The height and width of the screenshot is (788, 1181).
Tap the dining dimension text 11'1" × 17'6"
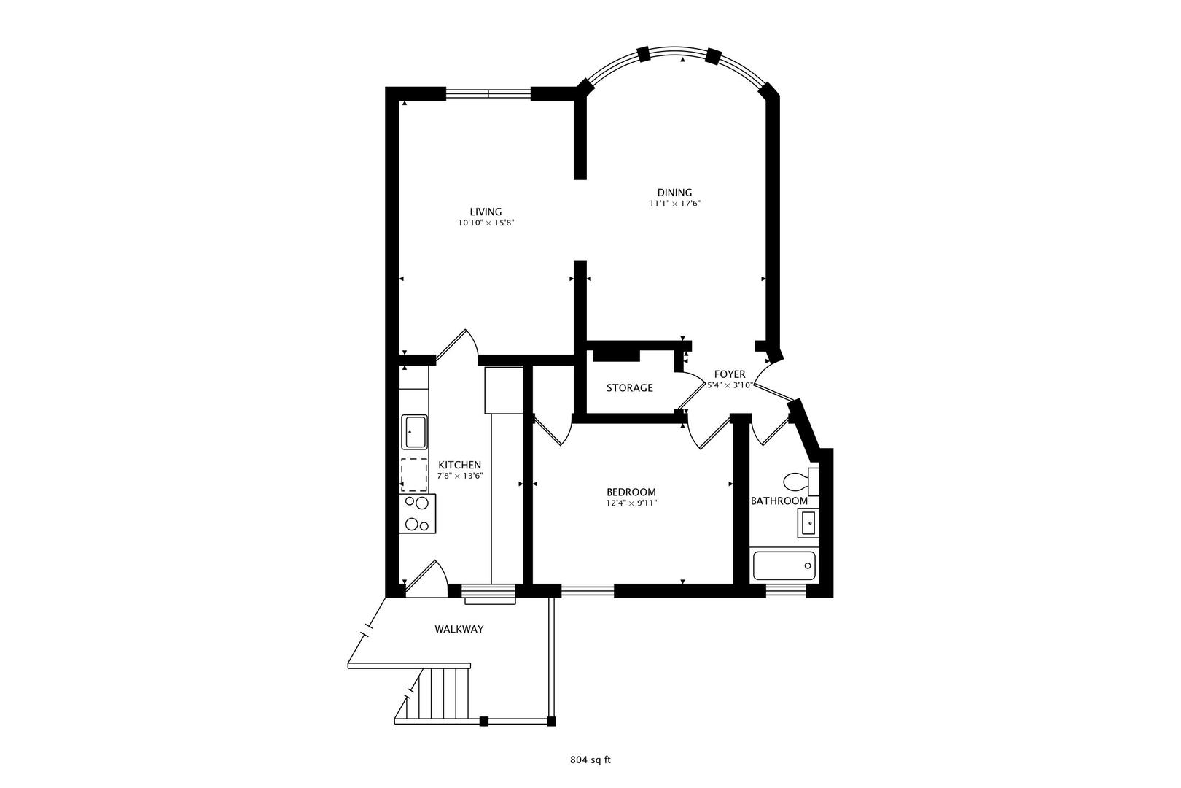[x=674, y=204]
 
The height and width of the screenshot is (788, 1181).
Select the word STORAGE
[x=630, y=387]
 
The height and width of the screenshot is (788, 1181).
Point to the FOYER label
[x=729, y=374]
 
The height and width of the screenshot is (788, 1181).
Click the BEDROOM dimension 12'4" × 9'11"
[x=631, y=502]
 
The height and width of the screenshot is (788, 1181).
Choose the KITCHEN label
[x=459, y=465]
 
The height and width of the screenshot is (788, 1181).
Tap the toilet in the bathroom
[x=798, y=482]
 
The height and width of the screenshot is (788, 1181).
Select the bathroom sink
[x=807, y=523]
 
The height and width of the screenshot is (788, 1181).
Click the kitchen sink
[x=415, y=432]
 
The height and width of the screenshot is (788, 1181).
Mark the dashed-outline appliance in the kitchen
[x=414, y=474]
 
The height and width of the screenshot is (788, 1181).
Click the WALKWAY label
[x=459, y=629]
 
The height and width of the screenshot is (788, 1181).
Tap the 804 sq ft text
[x=590, y=760]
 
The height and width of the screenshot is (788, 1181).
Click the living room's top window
[x=488, y=93]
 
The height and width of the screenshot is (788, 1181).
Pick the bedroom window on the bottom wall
[x=588, y=590]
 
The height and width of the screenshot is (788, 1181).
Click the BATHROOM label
[x=779, y=501]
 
